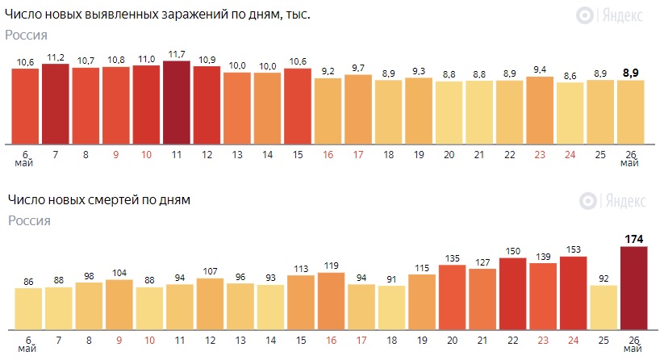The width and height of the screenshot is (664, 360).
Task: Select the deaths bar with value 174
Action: click(633, 288)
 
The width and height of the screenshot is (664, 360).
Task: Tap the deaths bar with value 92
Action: click(603, 308)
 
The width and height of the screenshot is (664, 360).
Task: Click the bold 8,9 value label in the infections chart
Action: click(631, 73)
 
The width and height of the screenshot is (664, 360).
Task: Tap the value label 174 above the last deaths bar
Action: click(633, 239)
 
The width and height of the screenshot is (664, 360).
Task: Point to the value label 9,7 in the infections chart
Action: click(358, 68)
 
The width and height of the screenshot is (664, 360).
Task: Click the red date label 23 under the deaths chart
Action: click(543, 340)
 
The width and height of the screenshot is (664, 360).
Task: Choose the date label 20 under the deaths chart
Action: click(452, 340)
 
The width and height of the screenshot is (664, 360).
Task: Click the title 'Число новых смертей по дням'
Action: click(99, 199)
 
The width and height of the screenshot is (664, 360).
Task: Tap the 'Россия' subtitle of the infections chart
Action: click(27, 35)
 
